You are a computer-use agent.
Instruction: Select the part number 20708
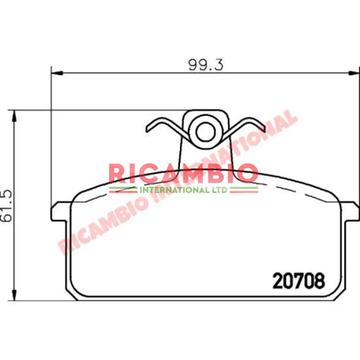tap(297, 279)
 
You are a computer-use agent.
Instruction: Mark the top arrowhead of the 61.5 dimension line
tap(16, 111)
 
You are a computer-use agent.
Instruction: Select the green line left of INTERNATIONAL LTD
tap(123, 189)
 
